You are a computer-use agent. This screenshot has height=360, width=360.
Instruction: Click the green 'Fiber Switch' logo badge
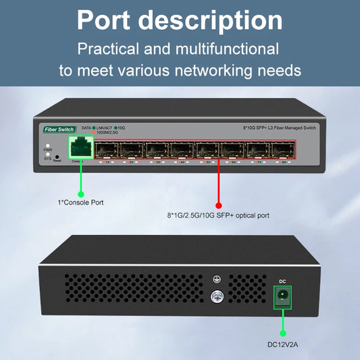59,128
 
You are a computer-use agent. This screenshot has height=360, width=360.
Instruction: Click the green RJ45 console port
81,147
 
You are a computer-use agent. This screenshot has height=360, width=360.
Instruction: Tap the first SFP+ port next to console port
106,150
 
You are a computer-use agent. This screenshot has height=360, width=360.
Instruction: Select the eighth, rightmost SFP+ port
282,150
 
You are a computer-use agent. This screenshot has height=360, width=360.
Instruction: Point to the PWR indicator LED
47,145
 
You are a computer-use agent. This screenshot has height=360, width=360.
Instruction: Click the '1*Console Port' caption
80,202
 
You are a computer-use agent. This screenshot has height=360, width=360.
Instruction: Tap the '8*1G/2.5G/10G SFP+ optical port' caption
218,215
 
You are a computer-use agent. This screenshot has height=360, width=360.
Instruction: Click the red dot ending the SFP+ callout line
218,205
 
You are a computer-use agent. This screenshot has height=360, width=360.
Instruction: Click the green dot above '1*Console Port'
80,190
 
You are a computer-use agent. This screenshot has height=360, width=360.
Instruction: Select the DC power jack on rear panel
282,297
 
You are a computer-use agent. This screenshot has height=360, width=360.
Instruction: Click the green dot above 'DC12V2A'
282,332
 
